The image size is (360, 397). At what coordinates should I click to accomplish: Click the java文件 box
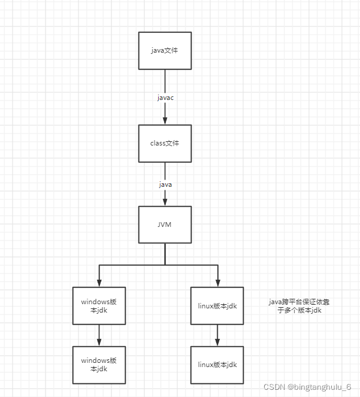pos(165,51)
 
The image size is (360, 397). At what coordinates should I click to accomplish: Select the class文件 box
pos(165,143)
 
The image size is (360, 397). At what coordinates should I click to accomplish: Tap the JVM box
pos(165,225)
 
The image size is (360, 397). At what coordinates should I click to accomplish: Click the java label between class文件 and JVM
pos(165,184)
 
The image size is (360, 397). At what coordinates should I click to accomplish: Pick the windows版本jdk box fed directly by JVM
pos(99,305)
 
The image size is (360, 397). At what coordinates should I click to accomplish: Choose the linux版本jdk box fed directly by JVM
pos(217,305)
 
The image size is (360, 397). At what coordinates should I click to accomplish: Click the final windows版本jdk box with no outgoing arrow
pos(99,364)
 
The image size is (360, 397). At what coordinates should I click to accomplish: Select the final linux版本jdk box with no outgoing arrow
pos(217,364)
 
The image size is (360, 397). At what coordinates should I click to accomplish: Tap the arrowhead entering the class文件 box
pos(165,121)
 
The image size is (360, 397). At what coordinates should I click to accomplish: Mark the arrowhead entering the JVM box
pos(165,203)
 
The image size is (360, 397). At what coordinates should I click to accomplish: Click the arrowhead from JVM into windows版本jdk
pos(99,283)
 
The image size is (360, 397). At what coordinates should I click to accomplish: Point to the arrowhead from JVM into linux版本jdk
pos(217,283)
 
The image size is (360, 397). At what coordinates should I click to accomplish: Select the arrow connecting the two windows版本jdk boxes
pos(99,334)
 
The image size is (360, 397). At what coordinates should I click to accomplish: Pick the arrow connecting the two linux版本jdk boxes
pos(217,334)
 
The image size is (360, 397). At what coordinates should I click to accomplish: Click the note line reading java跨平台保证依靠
pos(299,302)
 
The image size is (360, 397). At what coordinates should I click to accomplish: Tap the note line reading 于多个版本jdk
pos(300,310)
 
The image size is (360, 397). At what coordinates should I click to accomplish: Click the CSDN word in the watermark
pos(273,387)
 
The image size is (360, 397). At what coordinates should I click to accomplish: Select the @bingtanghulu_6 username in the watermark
pos(319,387)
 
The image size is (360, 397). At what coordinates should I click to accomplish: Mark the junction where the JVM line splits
pos(165,264)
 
